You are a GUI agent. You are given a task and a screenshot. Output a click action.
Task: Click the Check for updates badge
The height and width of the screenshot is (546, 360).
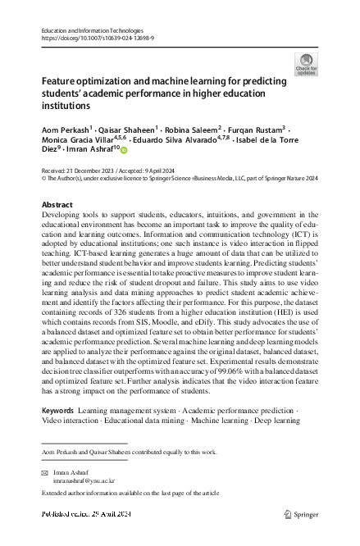(306, 64)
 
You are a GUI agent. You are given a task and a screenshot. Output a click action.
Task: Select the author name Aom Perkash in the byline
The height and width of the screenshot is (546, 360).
(64, 130)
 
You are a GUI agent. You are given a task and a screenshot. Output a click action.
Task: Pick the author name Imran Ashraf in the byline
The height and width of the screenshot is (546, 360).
(91, 150)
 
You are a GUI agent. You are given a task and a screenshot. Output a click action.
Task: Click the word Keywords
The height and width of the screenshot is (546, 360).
(57, 409)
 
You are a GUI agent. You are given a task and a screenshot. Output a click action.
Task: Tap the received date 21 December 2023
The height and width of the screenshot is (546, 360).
(99, 168)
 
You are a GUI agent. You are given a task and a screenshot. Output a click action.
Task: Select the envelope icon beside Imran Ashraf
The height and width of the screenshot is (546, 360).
(46, 474)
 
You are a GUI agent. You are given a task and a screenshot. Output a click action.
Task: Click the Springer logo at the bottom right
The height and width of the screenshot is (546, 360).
(300, 514)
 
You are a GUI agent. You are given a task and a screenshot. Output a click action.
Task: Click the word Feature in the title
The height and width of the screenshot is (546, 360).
(65, 83)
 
